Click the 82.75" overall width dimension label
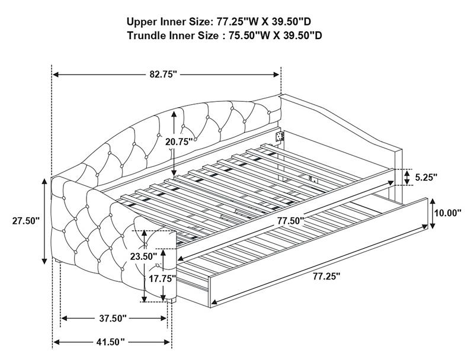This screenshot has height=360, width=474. tap(163, 74)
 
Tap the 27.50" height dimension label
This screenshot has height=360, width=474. tap(26, 221)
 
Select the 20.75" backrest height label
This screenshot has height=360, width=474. tap(179, 142)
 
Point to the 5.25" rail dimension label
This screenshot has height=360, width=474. tap(426, 177)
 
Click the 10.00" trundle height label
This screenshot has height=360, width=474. tap(448, 213)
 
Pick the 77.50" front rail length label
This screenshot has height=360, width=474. tap(291, 221)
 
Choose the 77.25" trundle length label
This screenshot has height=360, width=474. tap(326, 277)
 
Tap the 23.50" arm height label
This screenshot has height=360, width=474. tap(143, 257)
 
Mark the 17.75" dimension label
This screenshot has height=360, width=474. tap(162, 278)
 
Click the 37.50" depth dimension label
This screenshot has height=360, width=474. tap(113, 319)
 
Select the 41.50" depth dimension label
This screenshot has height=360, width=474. tap(111, 342)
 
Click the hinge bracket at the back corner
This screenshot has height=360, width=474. tap(279, 136)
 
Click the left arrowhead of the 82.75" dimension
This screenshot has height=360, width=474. tap(55, 75)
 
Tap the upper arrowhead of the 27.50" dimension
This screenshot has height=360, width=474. tap(44, 181)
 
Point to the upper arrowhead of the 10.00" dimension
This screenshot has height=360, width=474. tap(433, 201)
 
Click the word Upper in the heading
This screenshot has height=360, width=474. tap(142, 22)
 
